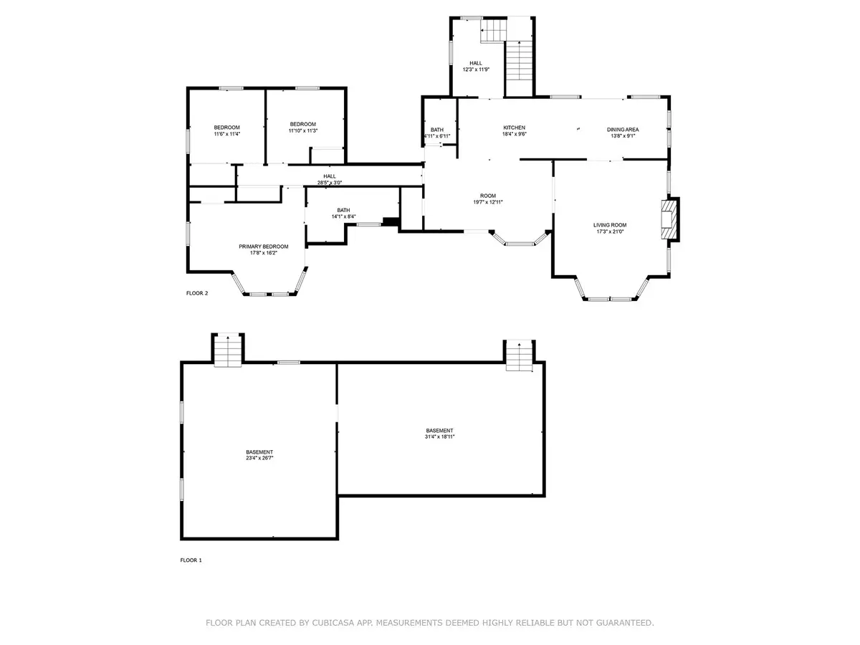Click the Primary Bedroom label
[263, 247]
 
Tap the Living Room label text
[610, 225]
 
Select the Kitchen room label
[514, 128]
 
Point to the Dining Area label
[623, 130]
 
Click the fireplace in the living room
[669, 220]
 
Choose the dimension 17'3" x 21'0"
[610, 231]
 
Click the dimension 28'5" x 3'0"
[330, 183]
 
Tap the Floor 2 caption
[197, 293]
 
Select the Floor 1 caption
[191, 560]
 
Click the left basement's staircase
[228, 351]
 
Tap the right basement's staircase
[519, 355]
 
